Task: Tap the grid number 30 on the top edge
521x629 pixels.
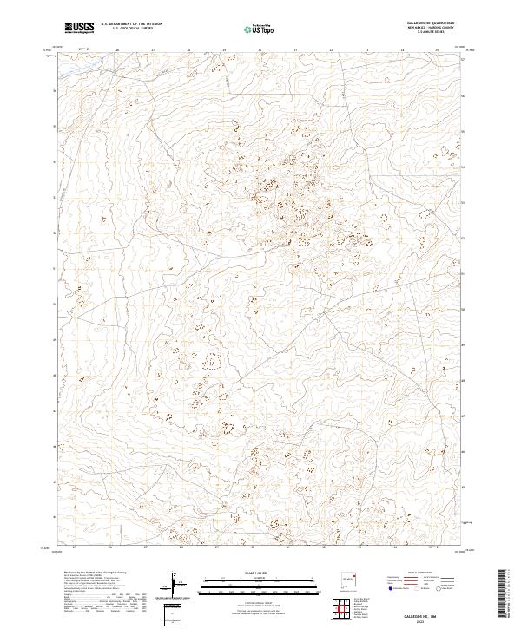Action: (260, 50)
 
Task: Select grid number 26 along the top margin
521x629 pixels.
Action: (116, 50)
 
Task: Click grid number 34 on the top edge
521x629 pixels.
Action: (402, 50)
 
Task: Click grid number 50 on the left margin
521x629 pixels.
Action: (56, 305)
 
